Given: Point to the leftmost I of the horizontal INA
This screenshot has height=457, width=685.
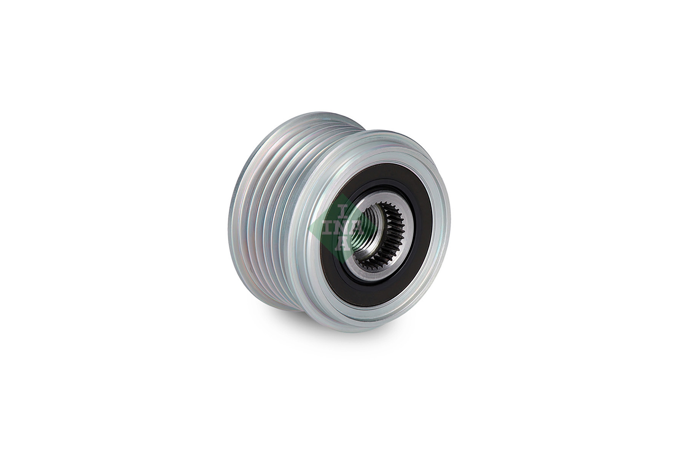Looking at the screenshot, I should point(328,227).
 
